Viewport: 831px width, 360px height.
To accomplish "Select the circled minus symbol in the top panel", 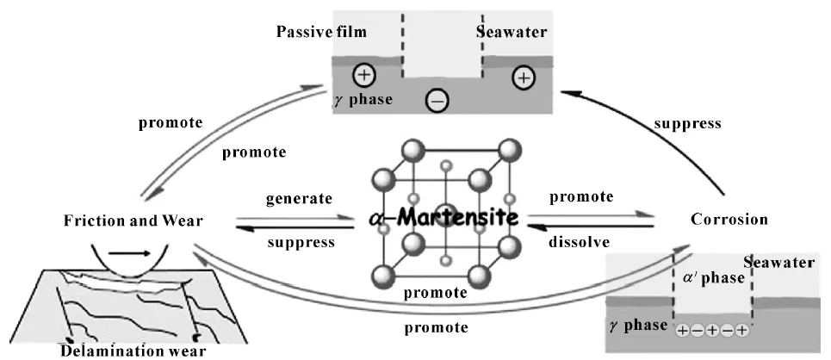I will click(437, 102).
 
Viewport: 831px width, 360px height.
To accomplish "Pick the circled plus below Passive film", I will click(363, 76).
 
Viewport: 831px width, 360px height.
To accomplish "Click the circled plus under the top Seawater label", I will click(522, 78).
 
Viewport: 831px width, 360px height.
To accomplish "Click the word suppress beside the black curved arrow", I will click(687, 123).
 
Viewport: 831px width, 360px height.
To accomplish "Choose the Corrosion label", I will click(729, 219).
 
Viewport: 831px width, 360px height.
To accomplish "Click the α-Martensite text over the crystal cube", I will click(443, 218).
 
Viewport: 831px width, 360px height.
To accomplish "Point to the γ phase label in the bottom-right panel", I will click(640, 325).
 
